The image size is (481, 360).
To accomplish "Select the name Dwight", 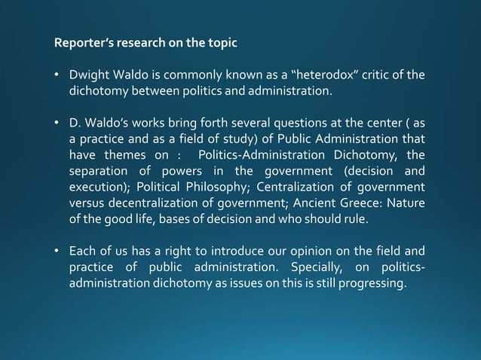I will [88, 75].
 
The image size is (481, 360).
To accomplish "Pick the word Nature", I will [407, 203].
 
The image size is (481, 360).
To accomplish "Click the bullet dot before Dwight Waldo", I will [57, 75].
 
